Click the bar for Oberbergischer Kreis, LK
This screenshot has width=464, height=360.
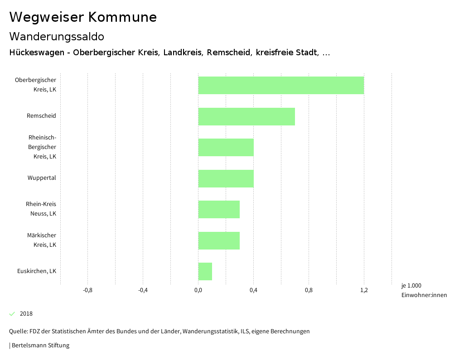[x=281, y=85]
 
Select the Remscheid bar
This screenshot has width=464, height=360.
[x=246, y=116]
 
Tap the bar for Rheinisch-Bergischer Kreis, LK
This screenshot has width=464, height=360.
[x=226, y=147]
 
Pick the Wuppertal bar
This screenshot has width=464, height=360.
[x=226, y=178]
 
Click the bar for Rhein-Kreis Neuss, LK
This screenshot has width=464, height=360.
[x=219, y=209]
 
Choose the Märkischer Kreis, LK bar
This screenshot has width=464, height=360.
[x=219, y=240]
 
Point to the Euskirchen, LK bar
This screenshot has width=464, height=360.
[x=205, y=271]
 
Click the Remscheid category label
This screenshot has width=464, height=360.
[x=41, y=116]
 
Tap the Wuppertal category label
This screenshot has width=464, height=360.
[x=42, y=178]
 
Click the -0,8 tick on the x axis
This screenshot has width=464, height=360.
[x=88, y=290]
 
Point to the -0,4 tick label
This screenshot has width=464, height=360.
[x=143, y=290]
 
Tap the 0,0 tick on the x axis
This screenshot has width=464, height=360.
[x=198, y=290]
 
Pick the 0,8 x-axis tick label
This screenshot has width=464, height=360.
[x=309, y=290]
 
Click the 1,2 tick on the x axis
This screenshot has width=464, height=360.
[x=364, y=290]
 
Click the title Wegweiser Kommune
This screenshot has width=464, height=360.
[x=83, y=17]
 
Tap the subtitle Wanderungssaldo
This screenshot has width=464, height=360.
[x=57, y=36]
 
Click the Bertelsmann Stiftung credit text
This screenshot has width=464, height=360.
[x=40, y=346]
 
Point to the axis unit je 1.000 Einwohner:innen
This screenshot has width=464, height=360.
[x=424, y=290]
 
